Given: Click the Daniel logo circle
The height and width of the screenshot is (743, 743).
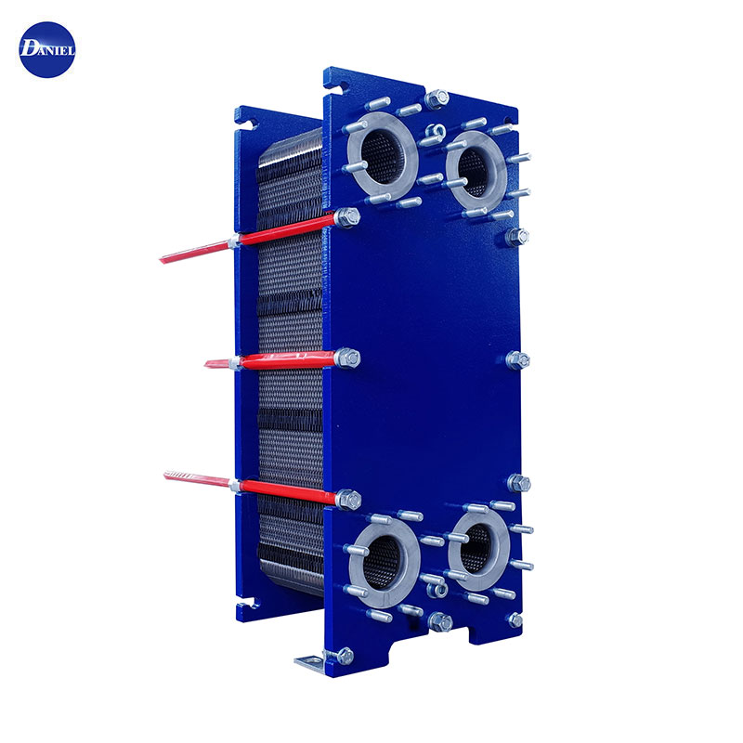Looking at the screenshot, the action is pyautogui.click(x=47, y=50).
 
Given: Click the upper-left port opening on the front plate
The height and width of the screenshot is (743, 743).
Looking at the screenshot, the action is pyautogui.click(x=382, y=156).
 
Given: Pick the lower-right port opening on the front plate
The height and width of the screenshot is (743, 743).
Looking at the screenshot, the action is pyautogui.click(x=477, y=549).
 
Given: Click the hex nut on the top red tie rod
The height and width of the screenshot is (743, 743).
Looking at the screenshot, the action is pyautogui.click(x=347, y=217).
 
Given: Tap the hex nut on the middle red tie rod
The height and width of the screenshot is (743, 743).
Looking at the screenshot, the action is pyautogui.click(x=347, y=358).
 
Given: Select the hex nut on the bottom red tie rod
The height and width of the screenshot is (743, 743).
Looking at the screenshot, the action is pyautogui.click(x=349, y=500).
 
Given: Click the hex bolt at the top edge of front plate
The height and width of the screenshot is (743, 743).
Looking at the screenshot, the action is pyautogui.click(x=437, y=99).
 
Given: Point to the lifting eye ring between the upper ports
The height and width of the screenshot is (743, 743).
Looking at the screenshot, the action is pyautogui.click(x=435, y=132).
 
